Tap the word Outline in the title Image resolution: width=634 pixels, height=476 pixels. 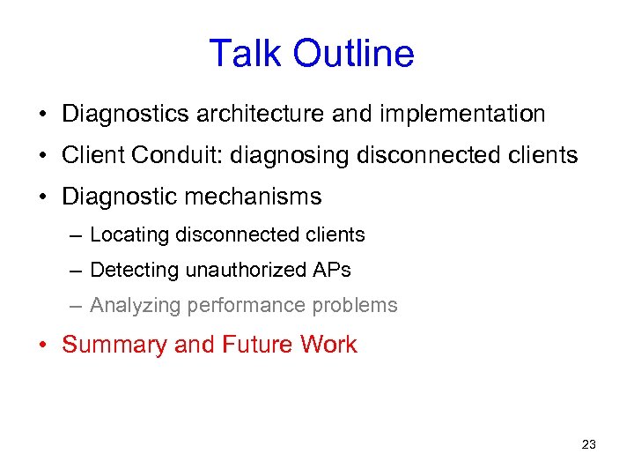pyautogui.click(x=354, y=54)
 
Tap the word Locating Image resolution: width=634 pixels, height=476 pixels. pyautogui.click(x=129, y=235)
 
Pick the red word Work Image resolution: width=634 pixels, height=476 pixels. pyautogui.click(x=328, y=345)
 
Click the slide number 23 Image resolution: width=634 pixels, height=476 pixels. pyautogui.click(x=589, y=444)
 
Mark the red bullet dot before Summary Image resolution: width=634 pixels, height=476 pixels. pyautogui.click(x=43, y=346)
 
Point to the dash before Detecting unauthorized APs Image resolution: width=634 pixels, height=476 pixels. pyautogui.click(x=77, y=271)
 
